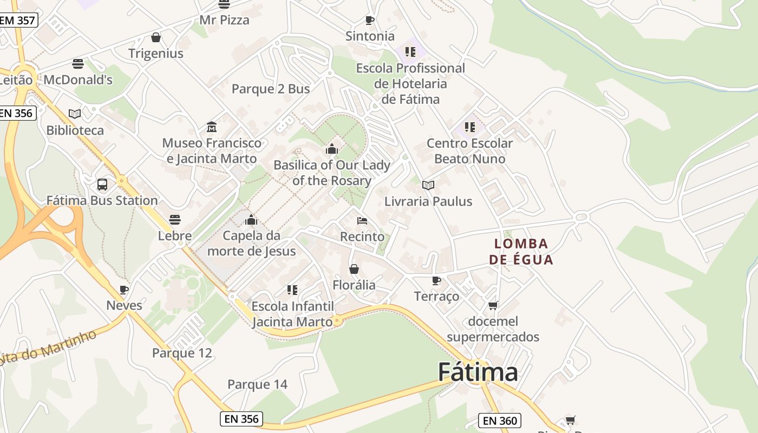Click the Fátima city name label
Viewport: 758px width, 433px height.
pos(478,372)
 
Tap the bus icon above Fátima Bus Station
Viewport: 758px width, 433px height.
pos(102,185)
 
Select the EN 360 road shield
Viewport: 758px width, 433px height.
pos(499,421)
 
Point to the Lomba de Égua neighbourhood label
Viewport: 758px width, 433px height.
pos(521,252)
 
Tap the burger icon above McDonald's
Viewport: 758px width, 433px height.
pos(78,64)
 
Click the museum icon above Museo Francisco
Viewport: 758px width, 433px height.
pos(212,127)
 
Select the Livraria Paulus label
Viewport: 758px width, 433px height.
pos(428,201)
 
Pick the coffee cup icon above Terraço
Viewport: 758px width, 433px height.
pos(436,280)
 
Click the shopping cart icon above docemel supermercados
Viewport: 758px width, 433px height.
pos(493,306)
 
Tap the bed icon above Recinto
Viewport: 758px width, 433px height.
pos(362,221)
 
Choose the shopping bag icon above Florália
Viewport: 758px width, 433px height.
pos(354,269)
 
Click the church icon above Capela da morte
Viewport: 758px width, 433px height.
pos(251,220)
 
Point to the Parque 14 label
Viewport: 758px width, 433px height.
pos(257,385)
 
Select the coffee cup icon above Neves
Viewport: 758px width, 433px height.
pos(124,290)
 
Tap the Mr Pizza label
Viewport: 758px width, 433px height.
pos(224,21)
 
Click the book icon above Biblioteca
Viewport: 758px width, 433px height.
pos(75,114)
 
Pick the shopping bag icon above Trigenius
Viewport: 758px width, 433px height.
pos(156,37)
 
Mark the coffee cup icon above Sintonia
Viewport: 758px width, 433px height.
pos(370,21)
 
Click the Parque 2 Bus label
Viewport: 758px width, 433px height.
pos(271,89)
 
